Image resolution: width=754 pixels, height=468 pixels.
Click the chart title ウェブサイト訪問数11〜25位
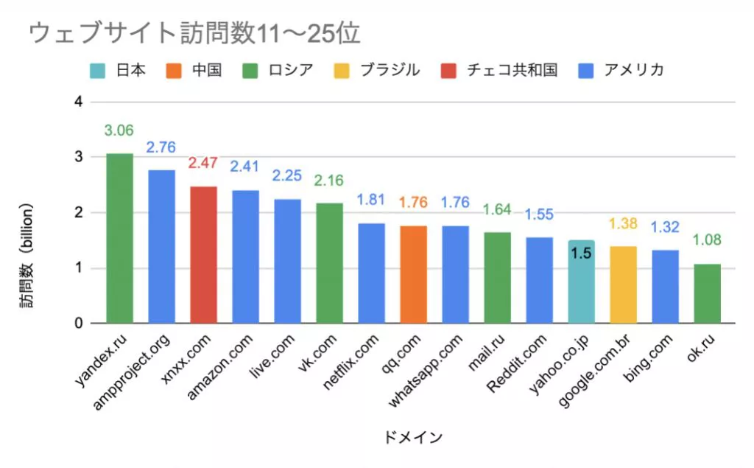[194, 33]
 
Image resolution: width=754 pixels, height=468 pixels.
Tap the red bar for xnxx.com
[203, 254]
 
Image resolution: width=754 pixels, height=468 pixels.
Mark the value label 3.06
[119, 131]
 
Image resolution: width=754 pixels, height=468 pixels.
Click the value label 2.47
[203, 164]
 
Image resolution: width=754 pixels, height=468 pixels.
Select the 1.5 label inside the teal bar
[581, 253]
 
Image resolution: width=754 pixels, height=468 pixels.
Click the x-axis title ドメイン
[413, 438]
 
